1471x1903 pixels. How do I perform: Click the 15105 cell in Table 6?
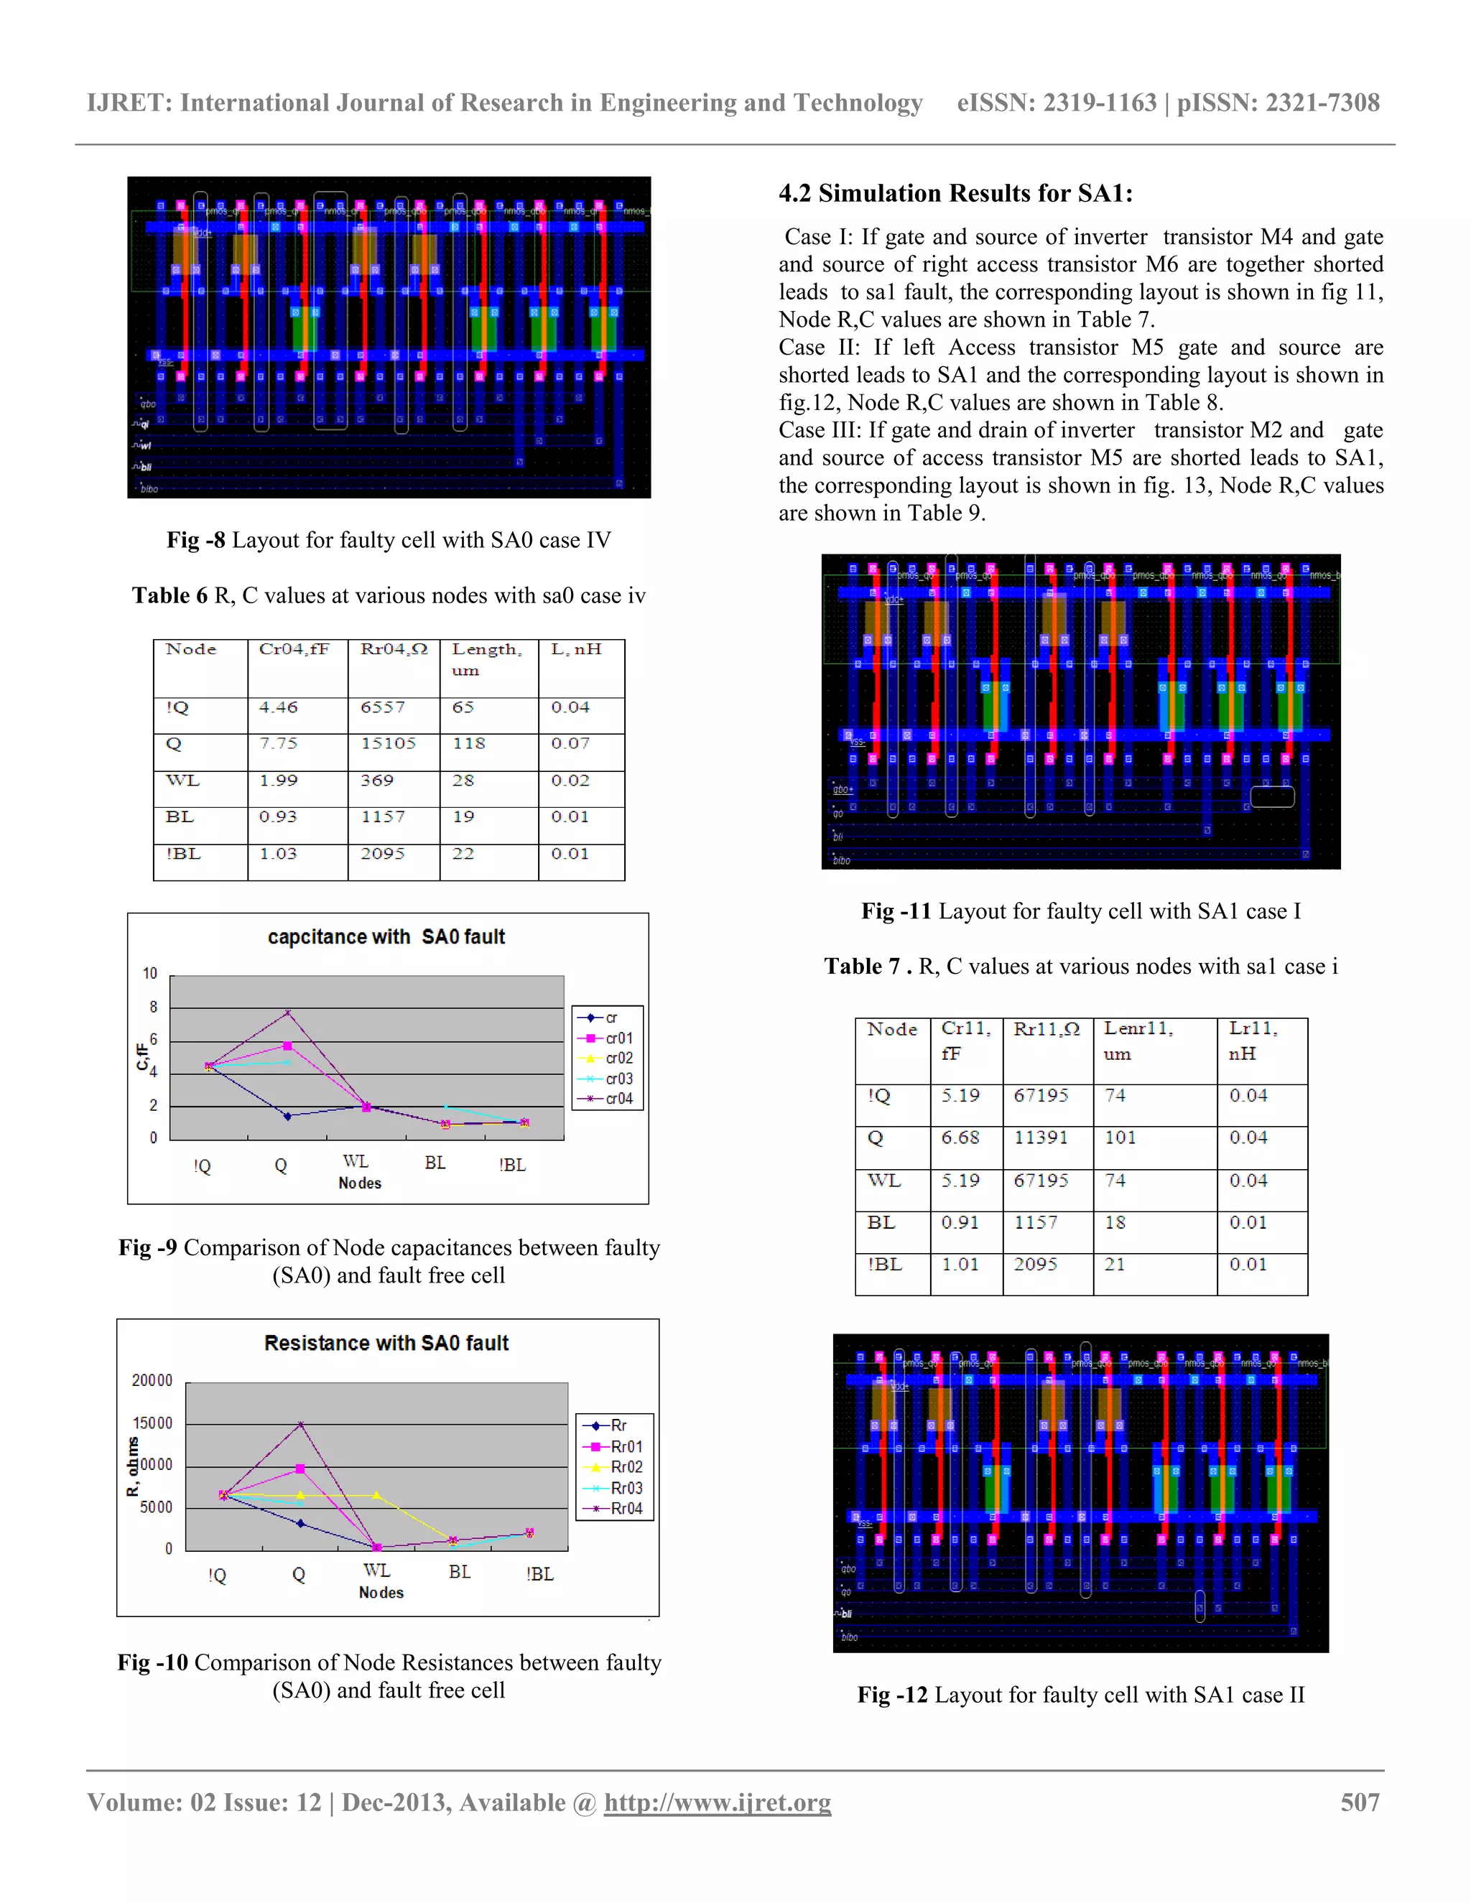coord(389,743)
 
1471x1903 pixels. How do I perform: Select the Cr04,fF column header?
coord(294,649)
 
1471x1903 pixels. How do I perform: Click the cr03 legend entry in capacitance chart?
coord(618,1078)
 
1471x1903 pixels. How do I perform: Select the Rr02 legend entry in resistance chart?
coord(626,1467)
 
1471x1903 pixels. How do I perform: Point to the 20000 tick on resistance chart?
coord(152,1381)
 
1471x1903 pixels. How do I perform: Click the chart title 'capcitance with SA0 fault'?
coord(386,936)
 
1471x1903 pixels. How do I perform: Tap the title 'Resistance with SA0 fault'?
coord(386,1343)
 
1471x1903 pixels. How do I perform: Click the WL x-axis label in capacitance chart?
coord(356,1161)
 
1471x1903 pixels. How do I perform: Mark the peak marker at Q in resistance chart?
coord(301,1425)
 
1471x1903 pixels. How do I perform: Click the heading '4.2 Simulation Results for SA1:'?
coord(955,193)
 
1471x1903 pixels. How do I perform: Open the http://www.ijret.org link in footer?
coord(718,1802)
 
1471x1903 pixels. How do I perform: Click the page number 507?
coord(1360,1802)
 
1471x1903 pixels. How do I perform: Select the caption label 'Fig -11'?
coord(896,911)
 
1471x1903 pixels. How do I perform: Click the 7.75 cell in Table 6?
coord(278,743)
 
